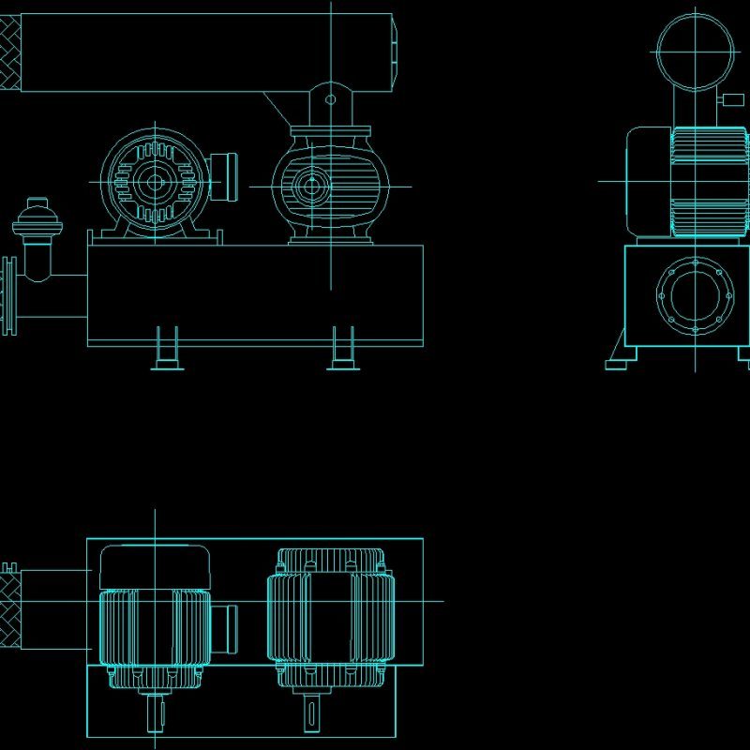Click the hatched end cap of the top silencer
(x=10, y=53)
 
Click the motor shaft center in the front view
(x=153, y=182)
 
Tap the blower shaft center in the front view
(x=308, y=186)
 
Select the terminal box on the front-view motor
(x=226, y=176)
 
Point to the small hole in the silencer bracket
(x=330, y=97)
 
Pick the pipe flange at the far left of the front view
(x=10, y=296)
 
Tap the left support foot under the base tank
(x=166, y=349)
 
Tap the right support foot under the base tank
(x=343, y=349)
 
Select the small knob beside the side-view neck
(x=727, y=101)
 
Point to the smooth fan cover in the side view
(x=648, y=182)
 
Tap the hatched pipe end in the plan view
(x=10, y=610)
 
